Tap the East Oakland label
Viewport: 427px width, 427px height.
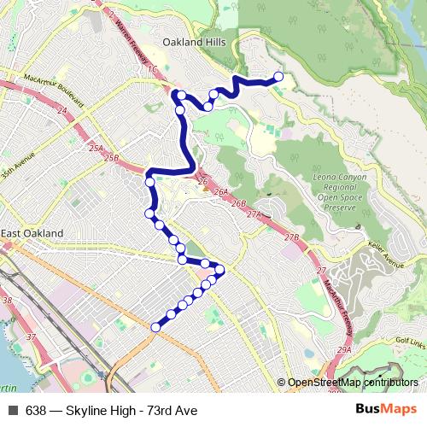[32, 233]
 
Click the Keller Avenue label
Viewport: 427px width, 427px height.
[387, 254]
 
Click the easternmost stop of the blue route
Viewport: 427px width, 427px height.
[278, 78]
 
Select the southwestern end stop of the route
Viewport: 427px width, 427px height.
[155, 327]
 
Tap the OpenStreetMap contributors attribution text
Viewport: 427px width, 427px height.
[353, 383]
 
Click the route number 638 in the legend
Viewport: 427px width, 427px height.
[36, 410]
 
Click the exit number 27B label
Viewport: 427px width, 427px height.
[293, 237]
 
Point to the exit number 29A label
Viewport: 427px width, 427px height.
[344, 350]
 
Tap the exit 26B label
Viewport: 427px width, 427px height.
[238, 203]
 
